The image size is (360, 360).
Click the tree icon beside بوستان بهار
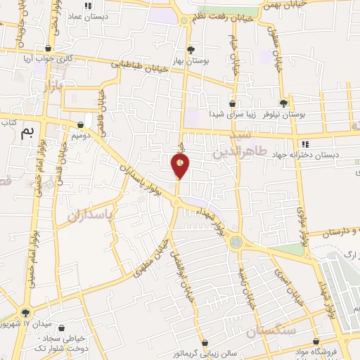pyautogui.click(x=191, y=49)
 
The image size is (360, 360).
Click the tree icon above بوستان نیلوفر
pyautogui.click(x=284, y=103)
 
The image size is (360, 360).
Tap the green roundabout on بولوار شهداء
pyautogui.click(x=236, y=243)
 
